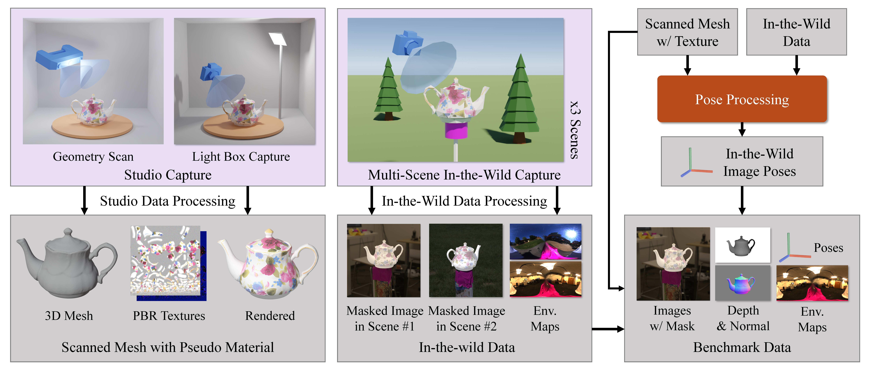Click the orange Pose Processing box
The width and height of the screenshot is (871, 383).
tap(742, 99)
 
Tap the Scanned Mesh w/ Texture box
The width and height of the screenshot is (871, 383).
tap(687, 32)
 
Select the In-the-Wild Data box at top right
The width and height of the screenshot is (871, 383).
tap(796, 32)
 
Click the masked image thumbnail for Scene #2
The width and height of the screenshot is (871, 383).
tap(466, 260)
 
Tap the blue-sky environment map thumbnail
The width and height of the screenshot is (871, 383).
tap(545, 241)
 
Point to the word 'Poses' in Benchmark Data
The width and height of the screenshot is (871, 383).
tap(828, 248)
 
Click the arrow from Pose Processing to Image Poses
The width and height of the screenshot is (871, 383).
tap(742, 129)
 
